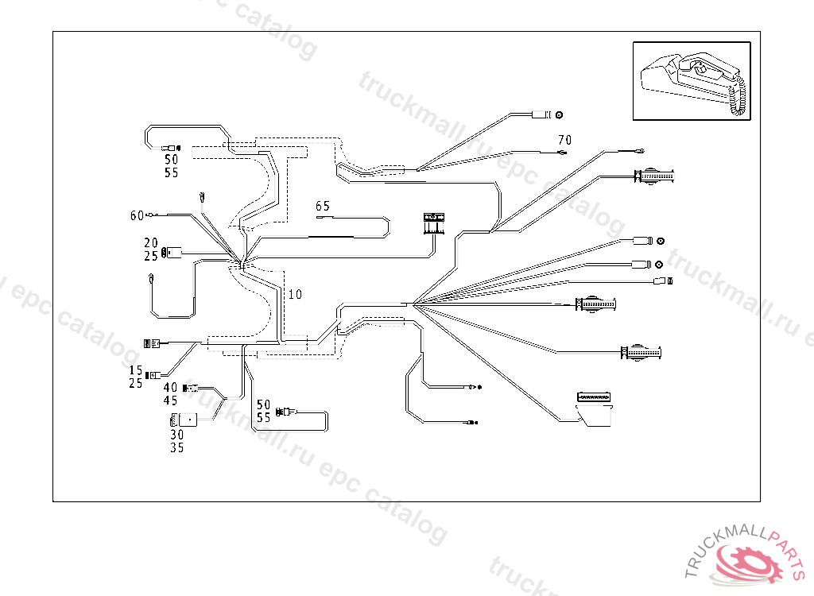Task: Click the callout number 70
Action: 564,139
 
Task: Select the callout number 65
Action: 322,206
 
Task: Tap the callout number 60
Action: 137,215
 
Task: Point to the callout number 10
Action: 295,294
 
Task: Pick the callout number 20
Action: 151,242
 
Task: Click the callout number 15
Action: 135,370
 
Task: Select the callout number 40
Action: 171,388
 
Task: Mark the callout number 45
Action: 171,401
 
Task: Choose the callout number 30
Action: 176,435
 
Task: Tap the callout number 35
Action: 176,447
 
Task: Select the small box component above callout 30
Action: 184,419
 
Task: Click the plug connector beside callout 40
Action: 191,388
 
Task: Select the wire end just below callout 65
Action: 321,215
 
